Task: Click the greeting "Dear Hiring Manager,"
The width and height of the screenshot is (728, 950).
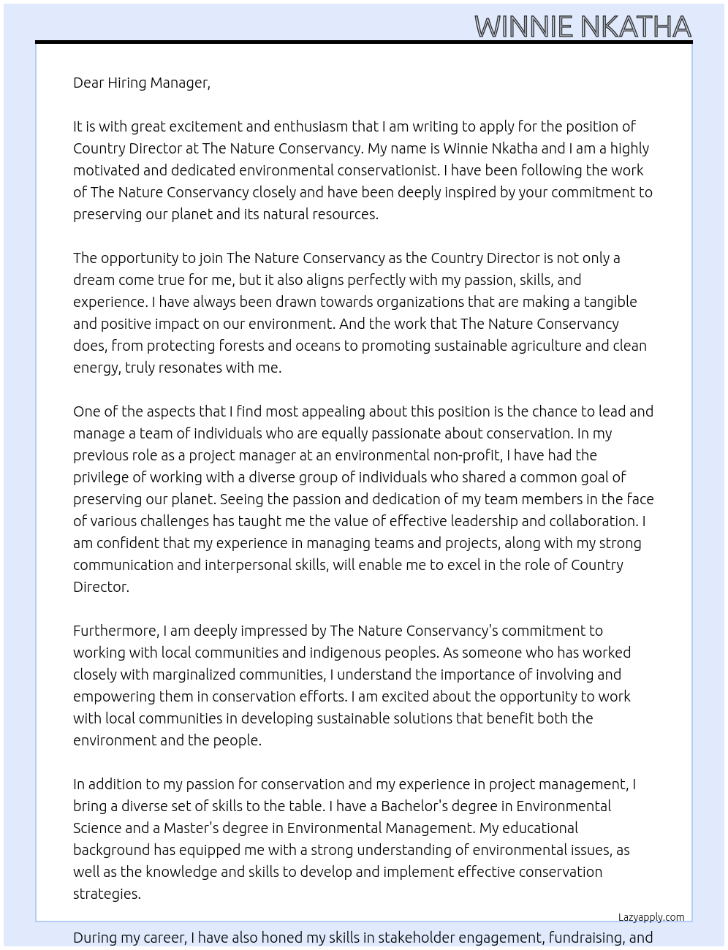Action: click(x=142, y=83)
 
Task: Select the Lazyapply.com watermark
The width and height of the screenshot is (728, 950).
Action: click(x=651, y=917)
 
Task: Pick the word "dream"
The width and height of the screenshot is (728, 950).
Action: click(x=94, y=280)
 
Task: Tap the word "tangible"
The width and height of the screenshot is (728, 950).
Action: click(x=604, y=302)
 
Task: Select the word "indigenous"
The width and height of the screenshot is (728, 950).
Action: click(x=351, y=653)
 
